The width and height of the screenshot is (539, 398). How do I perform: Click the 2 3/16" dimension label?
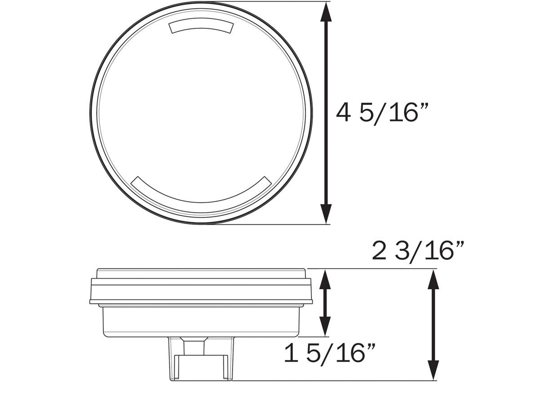[x=418, y=251]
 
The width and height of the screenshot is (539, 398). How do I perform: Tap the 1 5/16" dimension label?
[x=330, y=353]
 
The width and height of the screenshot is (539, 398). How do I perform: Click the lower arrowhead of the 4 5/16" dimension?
[x=327, y=213]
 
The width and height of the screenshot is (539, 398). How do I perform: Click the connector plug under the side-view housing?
[x=202, y=358]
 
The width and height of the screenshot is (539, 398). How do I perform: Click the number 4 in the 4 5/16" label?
[x=343, y=113]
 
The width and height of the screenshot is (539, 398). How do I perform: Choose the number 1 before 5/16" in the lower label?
[x=292, y=353]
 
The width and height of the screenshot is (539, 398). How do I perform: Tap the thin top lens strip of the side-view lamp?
[x=201, y=273]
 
